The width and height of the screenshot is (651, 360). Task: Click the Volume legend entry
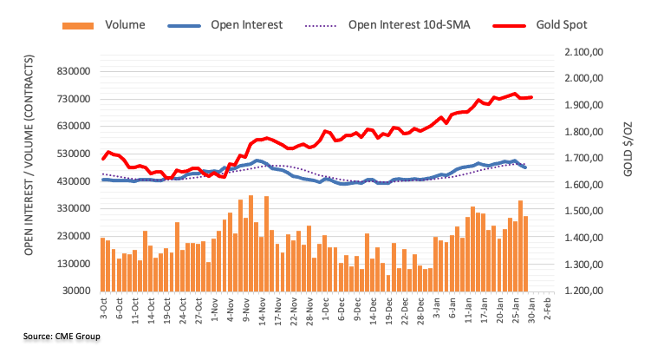[x=104, y=25]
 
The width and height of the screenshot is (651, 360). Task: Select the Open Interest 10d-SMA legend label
[x=409, y=25]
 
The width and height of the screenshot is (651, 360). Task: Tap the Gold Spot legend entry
[x=540, y=25]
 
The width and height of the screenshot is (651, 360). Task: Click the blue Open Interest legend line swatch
[x=184, y=25]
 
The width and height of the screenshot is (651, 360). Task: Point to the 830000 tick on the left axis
[x=74, y=71]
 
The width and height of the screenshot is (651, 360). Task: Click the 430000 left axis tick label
[x=74, y=181]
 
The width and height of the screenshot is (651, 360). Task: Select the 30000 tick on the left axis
[x=76, y=291]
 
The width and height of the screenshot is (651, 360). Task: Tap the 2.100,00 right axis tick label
[x=583, y=52]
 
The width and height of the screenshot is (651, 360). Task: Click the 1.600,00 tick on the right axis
[x=583, y=185]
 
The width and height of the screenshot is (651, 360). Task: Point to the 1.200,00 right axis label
[x=583, y=291]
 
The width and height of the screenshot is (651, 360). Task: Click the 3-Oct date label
[x=103, y=308]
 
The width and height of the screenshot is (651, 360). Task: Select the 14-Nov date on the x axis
[x=262, y=311]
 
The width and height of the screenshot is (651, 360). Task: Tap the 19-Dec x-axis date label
[x=388, y=311]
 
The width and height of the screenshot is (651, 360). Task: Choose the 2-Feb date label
[x=547, y=308]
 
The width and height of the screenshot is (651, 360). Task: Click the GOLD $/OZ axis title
[x=628, y=149]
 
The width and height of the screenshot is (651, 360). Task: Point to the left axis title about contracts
[x=29, y=155]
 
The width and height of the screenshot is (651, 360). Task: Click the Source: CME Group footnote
[x=62, y=336]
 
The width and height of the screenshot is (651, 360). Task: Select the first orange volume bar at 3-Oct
[x=102, y=265]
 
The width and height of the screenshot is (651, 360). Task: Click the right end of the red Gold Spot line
[x=531, y=98]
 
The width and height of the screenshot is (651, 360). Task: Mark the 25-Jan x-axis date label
[x=515, y=310]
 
